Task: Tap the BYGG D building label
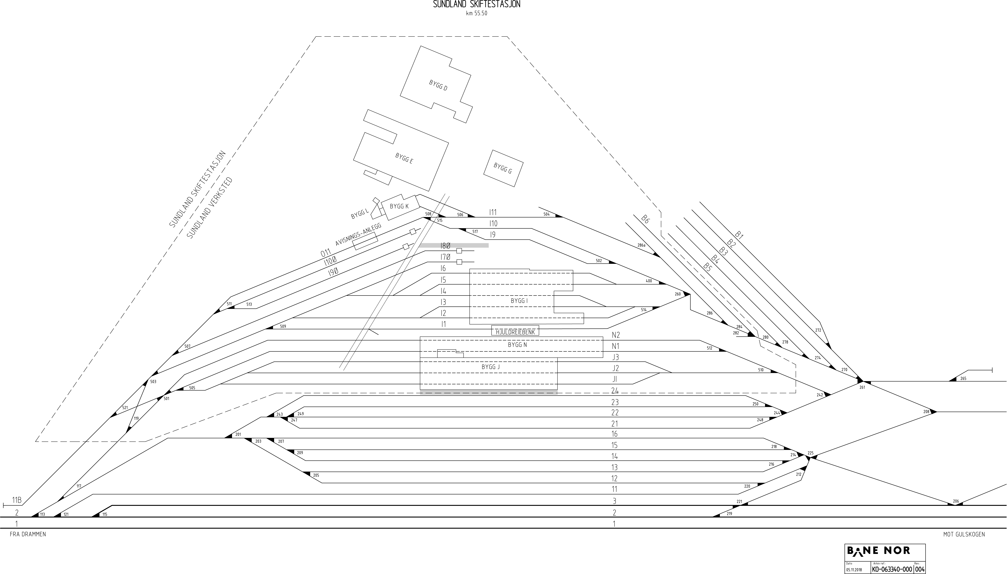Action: [x=438, y=85]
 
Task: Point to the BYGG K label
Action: [x=399, y=206]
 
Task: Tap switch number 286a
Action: [x=641, y=245]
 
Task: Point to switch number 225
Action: [x=810, y=453]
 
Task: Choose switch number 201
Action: [x=238, y=434]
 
